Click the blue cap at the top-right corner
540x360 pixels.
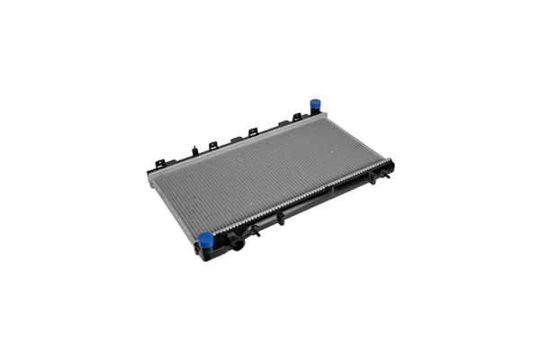[316, 104]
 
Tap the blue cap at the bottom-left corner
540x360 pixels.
[205, 240]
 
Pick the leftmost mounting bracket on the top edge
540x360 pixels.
[160, 164]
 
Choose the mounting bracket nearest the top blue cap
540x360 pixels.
[296, 118]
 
